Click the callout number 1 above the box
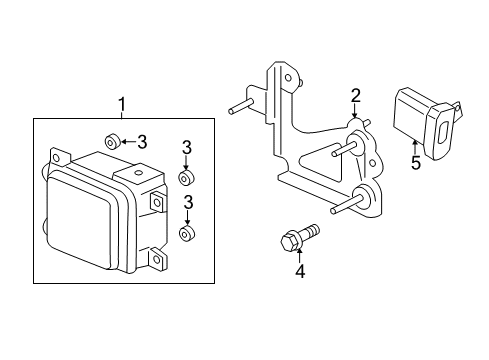122,104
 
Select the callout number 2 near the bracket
354,96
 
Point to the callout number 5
414,163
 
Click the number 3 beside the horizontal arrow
143,141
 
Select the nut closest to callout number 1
113,140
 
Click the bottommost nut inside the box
185,234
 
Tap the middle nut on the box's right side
185,178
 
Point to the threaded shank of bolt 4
310,231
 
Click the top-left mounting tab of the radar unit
57,156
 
